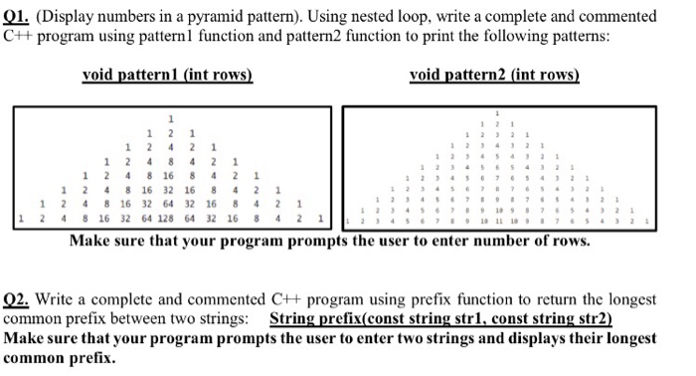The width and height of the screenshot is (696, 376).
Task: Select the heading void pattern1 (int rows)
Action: (167, 76)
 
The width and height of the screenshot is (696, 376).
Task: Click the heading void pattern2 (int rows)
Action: (494, 76)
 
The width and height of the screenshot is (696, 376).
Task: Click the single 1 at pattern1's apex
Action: (170, 118)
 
